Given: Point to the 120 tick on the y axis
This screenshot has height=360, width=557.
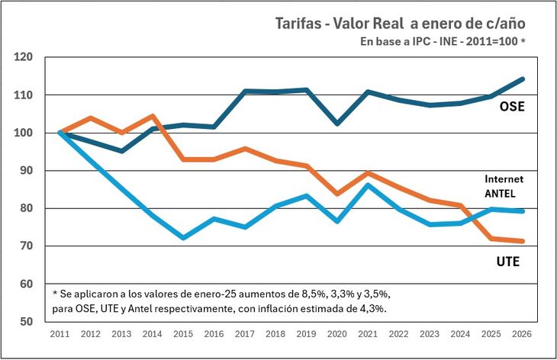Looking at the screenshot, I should (x=24, y=57).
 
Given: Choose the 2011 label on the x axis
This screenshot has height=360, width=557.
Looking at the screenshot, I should (x=60, y=334).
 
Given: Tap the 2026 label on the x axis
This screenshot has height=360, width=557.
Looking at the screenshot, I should (x=522, y=334).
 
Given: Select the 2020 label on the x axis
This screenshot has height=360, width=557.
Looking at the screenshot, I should (x=337, y=334).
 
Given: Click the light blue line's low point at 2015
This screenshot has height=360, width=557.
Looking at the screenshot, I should (x=183, y=238).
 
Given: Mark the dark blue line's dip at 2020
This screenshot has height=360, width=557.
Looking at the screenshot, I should (x=337, y=123).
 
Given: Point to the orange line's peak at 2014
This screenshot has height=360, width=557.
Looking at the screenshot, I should (x=153, y=116).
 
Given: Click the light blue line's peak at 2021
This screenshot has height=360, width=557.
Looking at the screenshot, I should (x=368, y=185).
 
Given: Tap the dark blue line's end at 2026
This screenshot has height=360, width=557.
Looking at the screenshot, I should (x=523, y=79).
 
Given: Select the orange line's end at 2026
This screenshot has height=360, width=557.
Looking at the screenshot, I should (x=523, y=241).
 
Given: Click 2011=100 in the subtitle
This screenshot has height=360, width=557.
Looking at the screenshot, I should (x=488, y=41).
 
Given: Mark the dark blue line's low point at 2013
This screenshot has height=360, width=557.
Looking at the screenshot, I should (x=122, y=151).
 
